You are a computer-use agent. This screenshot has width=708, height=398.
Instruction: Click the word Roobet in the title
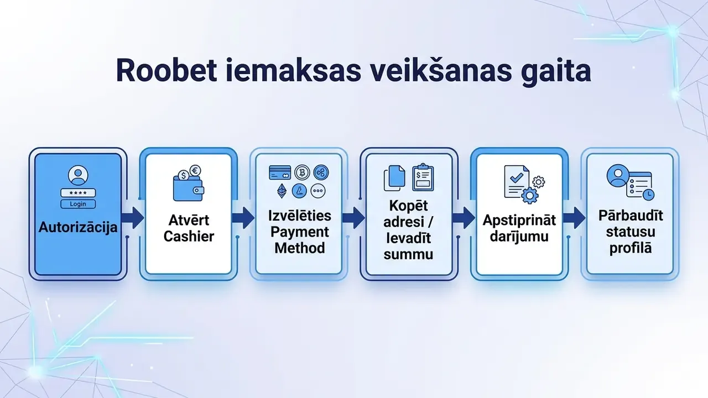pos(166,70)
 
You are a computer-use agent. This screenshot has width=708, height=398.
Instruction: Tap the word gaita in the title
pos(556,72)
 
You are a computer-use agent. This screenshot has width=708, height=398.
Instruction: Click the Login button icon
pos(78,204)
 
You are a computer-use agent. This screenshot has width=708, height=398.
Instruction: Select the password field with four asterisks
pos(78,193)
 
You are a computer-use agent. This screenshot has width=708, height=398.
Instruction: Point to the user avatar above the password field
pos(78,175)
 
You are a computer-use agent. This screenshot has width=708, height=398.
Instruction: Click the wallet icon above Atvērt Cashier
pos(189,188)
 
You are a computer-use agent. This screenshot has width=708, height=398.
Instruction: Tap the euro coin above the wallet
pos(195,171)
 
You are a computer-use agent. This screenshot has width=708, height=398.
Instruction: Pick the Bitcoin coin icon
pos(302,172)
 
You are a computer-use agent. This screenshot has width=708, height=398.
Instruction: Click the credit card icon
pos(280,172)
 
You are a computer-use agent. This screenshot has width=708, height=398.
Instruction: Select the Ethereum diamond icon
pos(282,191)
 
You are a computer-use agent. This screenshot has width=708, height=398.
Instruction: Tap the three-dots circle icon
pos(317,191)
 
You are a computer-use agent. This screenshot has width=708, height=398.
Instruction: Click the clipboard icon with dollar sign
pos(423,177)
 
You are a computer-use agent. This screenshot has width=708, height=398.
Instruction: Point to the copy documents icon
pos(394,178)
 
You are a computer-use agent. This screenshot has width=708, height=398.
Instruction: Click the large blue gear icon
pos(530,196)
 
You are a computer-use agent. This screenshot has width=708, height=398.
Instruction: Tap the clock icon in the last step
pos(648,194)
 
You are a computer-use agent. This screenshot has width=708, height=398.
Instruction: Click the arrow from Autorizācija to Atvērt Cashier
pos(132,218)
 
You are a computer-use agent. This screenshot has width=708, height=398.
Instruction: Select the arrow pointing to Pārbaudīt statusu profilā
pos(574,218)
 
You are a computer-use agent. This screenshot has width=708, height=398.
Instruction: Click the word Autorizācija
pos(78,227)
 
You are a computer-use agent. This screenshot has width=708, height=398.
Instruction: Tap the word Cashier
pos(189,236)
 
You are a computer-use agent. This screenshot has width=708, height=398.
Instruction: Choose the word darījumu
pos(519,236)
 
